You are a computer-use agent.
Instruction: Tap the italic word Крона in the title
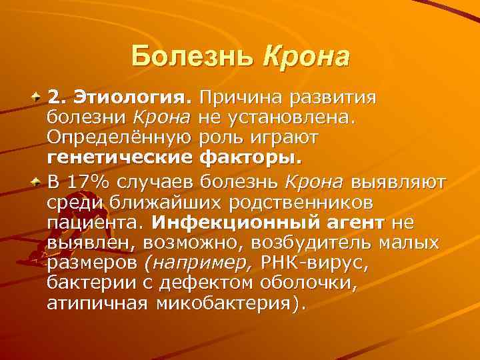coord(306,56)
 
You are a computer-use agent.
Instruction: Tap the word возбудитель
coord(324,242)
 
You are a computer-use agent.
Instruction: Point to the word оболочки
coord(312,284)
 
